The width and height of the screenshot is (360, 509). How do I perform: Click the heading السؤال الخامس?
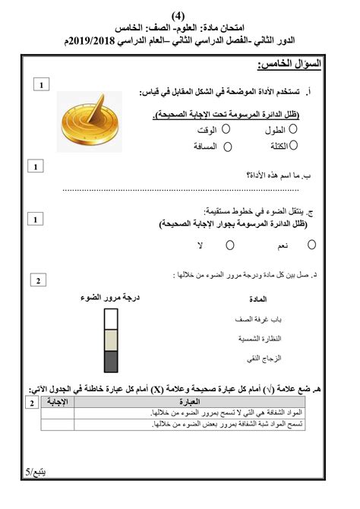(291, 65)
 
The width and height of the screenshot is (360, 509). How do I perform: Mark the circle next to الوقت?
(226, 129)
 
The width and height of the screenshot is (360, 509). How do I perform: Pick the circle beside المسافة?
(226, 144)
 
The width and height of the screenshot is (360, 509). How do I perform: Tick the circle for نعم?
(312, 245)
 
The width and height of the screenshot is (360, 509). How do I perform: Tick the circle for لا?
(230, 245)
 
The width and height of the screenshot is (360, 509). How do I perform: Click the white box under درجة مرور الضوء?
(110, 318)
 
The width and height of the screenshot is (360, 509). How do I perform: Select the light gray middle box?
(110, 340)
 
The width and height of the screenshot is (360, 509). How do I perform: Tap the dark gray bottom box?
(110, 361)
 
